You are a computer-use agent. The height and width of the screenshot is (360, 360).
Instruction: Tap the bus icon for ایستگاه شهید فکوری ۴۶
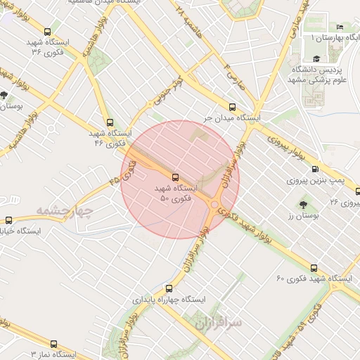point(110,121)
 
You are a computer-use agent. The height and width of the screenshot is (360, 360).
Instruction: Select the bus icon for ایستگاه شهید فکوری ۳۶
point(47,32)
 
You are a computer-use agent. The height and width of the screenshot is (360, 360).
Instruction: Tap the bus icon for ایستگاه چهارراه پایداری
point(167,288)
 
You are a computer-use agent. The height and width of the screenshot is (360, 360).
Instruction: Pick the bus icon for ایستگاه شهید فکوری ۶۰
point(314,268)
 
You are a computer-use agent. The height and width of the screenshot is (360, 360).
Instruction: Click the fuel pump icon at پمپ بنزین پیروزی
point(314,169)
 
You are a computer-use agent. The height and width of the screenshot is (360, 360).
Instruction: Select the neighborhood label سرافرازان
point(219,323)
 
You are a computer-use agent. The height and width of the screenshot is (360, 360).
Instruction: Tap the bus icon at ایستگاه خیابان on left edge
point(9,219)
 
